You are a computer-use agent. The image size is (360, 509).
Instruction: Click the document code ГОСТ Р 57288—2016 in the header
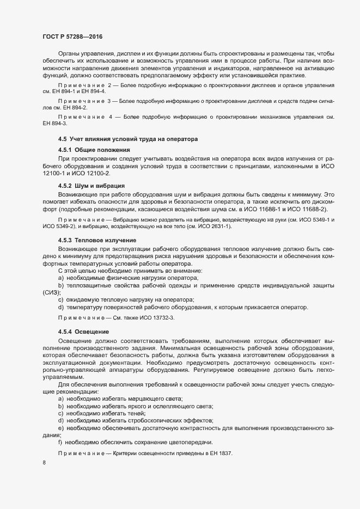click(72, 36)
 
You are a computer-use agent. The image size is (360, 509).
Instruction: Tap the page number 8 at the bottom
click(44, 463)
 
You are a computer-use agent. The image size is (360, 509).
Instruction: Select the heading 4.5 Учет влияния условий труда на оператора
click(124, 140)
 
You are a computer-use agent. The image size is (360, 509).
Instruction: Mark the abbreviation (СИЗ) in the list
click(51, 292)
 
